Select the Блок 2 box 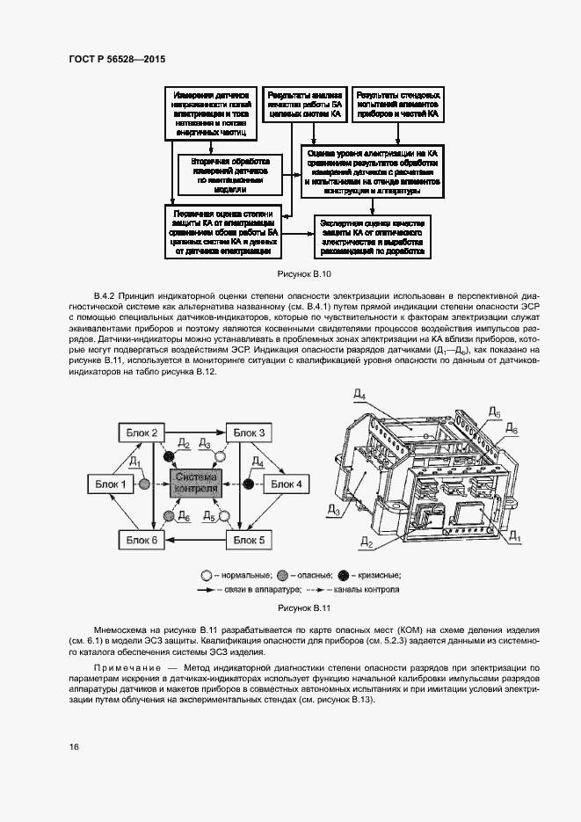tap(142, 433)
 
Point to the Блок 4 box tap(285, 484)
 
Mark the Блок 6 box tap(142, 539)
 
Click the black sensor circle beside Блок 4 tap(249, 484)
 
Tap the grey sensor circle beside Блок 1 tap(145, 484)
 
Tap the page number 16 tap(74, 746)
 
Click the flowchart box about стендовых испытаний tap(398, 103)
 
